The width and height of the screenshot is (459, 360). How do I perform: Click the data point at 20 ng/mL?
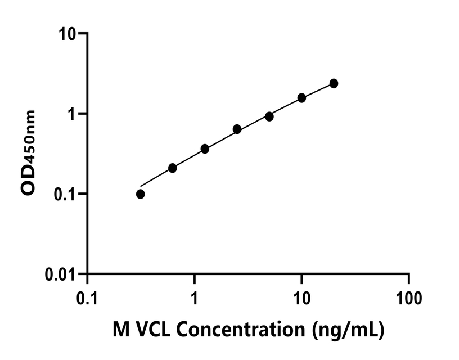(x=334, y=83)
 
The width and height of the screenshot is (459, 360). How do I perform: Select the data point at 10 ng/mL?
(x=301, y=98)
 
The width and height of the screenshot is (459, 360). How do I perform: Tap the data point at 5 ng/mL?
(x=269, y=116)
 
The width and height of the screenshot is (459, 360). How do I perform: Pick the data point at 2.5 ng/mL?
(x=237, y=129)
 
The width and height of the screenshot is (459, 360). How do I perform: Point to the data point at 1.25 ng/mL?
(x=205, y=148)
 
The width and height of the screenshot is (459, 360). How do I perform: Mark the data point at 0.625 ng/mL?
(x=173, y=168)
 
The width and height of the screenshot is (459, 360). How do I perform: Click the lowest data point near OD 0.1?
(x=140, y=194)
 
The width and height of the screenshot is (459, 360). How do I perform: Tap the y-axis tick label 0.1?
(x=65, y=194)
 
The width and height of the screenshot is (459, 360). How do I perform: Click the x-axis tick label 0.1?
(x=87, y=296)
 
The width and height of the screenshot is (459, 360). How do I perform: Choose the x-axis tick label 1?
(x=194, y=296)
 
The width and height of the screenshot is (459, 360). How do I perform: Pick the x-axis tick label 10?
(x=301, y=296)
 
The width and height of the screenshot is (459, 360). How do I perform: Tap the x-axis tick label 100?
(x=408, y=296)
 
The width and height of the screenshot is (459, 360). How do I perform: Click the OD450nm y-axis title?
(x=29, y=153)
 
